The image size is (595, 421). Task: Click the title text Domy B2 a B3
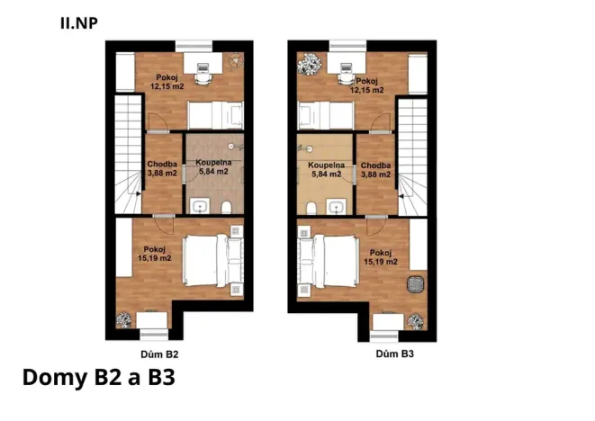click(96, 377)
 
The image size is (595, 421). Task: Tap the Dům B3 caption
click(394, 354)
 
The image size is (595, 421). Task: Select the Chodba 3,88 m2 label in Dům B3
click(375, 170)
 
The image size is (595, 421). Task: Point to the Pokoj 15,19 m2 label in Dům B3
click(380, 257)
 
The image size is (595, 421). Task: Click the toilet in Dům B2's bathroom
click(229, 208)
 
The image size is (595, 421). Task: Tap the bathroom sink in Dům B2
click(199, 208)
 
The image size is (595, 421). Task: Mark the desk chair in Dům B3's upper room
click(343, 76)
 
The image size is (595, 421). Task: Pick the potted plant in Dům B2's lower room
click(123, 318)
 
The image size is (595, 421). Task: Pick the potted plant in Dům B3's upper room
click(311, 63)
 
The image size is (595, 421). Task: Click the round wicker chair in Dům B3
click(414, 284)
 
